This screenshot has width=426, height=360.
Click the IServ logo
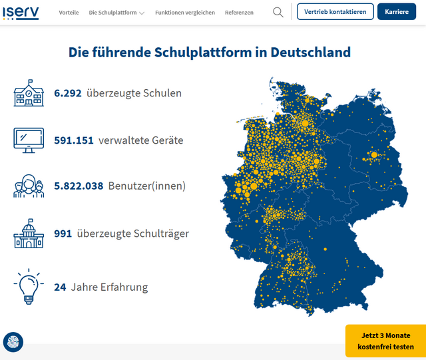click(20, 12)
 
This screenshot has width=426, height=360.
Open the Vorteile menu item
click(69, 13)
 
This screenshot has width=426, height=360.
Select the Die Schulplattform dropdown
click(116, 13)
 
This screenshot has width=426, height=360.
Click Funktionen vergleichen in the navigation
click(185, 13)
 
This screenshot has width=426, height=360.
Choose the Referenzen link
click(239, 13)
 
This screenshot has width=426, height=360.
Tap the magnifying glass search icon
click(278, 12)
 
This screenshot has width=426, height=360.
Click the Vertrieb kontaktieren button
click(335, 12)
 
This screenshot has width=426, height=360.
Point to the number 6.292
click(68, 93)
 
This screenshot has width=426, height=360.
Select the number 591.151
click(74, 140)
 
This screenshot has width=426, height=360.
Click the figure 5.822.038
click(79, 186)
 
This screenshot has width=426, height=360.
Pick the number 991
click(63, 234)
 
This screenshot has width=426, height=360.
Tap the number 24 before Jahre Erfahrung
click(60, 287)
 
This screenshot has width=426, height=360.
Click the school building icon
click(29, 94)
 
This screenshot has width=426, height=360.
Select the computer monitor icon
click(29, 140)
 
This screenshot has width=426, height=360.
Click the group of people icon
click(29, 186)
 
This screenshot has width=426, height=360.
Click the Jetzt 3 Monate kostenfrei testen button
click(385, 341)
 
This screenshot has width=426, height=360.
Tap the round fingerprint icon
click(13, 342)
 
